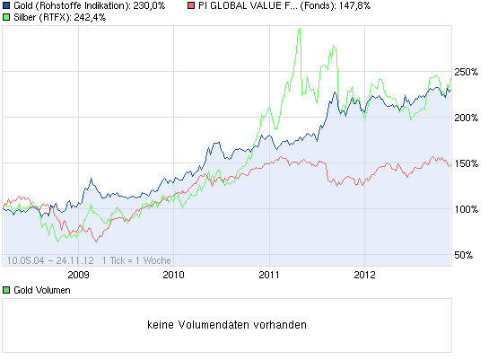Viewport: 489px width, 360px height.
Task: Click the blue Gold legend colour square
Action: point(7,6)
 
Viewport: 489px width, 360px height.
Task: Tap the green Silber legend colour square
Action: point(7,18)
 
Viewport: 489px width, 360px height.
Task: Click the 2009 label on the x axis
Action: point(79,275)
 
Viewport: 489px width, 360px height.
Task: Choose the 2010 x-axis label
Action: point(174,275)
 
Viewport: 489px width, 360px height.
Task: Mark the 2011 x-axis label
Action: point(269,275)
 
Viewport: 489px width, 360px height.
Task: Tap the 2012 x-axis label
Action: point(364,275)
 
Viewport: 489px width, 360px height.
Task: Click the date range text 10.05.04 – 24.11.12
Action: point(51,259)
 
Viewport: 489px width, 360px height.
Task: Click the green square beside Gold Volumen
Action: point(7,291)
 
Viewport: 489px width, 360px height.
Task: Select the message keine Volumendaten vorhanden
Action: point(226,325)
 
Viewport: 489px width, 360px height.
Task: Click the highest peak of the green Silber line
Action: point(297,30)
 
